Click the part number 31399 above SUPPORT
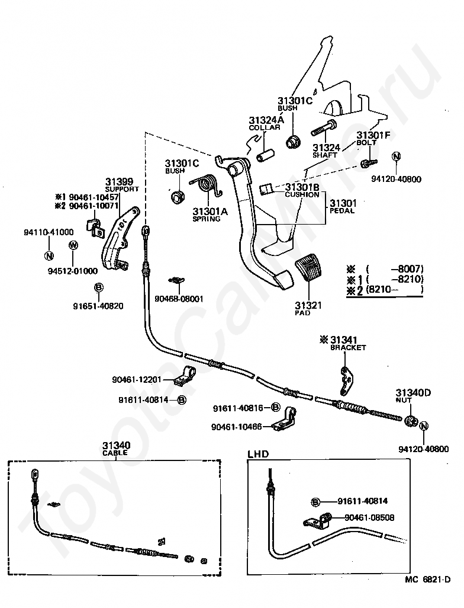click(120, 182)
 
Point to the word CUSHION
click(302, 194)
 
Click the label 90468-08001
click(179, 299)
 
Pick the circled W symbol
click(73, 245)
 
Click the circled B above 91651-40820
click(98, 287)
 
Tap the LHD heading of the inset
click(258, 454)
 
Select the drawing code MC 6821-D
click(427, 590)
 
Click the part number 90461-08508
click(369, 518)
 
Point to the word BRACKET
click(348, 348)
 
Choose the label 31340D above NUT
click(413, 393)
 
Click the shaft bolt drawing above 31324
click(324, 129)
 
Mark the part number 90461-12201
click(136, 380)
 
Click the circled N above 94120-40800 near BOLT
click(396, 156)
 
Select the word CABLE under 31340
click(115, 453)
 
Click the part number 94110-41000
click(49, 232)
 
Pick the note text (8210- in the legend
click(378, 289)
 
